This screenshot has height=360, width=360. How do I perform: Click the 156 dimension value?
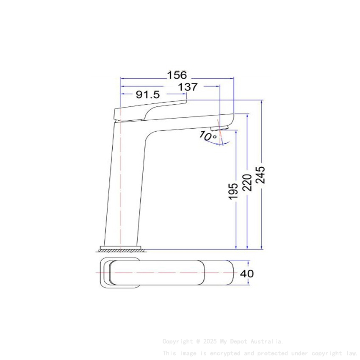pos(177,75)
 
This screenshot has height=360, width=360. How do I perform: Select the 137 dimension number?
pos(188,87)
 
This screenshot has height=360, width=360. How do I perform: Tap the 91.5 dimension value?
pos(148,95)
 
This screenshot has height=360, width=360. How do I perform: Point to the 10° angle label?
pos(208,136)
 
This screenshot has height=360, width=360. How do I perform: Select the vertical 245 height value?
pos(260,175)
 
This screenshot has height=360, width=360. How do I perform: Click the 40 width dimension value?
pos(247,274)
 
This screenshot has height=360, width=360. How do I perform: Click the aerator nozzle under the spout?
pos(219,128)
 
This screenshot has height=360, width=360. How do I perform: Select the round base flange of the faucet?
pos(120,247)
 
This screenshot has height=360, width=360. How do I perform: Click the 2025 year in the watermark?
pos(209,341)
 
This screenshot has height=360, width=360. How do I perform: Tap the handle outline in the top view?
pos(123,274)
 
